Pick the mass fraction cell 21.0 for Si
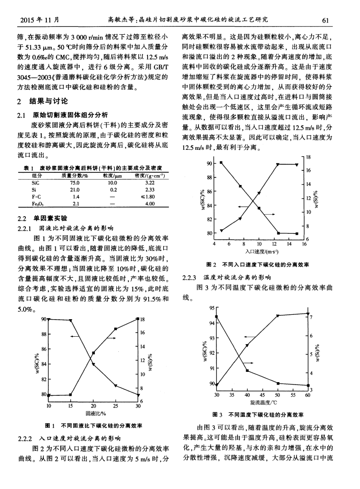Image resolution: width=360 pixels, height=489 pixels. (x=75, y=189)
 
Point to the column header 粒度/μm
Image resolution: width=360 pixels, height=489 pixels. (x=112, y=175)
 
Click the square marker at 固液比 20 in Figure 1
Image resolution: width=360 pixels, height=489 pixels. (x=93, y=365)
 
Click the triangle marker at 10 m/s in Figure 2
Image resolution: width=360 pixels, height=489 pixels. (x=259, y=193)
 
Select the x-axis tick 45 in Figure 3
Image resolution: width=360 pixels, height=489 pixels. (x=262, y=394)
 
